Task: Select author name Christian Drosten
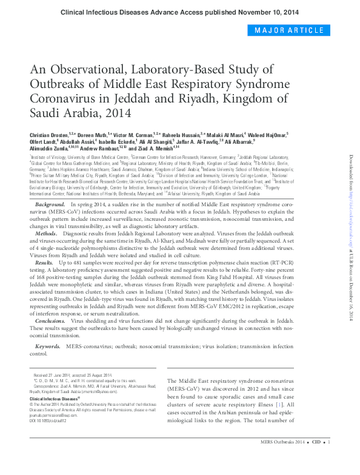click(x=48, y=133)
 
